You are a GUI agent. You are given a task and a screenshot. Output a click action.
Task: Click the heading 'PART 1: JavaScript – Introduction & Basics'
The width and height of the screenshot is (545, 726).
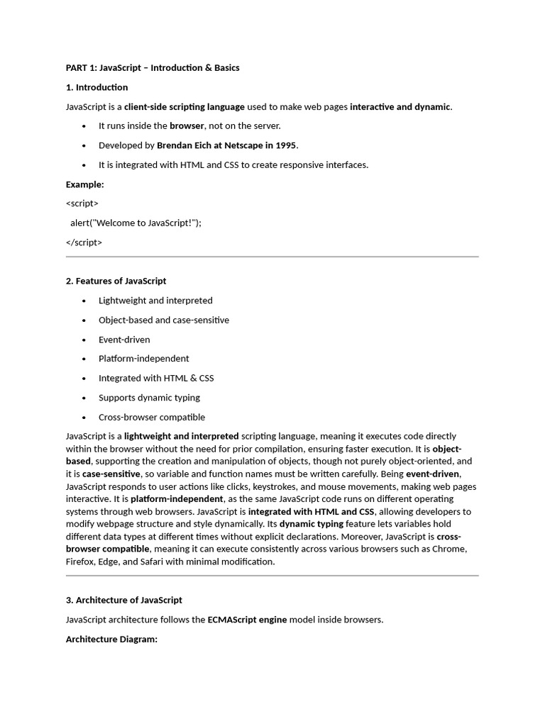pyautogui.click(x=153, y=68)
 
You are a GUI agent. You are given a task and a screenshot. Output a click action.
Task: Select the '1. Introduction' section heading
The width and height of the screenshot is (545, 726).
pyautogui.click(x=97, y=87)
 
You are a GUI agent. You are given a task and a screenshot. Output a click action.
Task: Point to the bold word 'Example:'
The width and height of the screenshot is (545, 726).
pyautogui.click(x=85, y=184)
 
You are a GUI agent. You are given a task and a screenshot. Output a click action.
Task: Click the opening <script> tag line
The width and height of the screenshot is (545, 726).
pyautogui.click(x=82, y=203)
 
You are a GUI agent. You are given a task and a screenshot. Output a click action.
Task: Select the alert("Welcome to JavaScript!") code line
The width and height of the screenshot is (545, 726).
pyautogui.click(x=136, y=223)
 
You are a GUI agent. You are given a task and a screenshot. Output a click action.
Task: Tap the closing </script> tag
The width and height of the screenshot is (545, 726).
pyautogui.click(x=84, y=242)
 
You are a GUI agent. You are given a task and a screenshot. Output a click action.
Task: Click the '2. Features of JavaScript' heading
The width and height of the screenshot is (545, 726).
pyautogui.click(x=116, y=281)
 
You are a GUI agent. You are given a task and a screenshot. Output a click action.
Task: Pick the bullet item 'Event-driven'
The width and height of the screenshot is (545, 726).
pyautogui.click(x=124, y=340)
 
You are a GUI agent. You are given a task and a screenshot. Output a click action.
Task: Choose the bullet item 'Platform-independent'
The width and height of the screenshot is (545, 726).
pyautogui.click(x=144, y=359)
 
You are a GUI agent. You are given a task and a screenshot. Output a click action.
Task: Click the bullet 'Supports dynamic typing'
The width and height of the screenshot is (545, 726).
pyautogui.click(x=149, y=398)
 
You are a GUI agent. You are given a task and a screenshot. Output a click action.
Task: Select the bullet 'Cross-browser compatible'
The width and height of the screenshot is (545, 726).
pyautogui.click(x=152, y=417)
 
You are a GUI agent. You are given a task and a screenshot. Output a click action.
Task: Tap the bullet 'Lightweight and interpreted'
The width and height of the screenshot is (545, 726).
pyautogui.click(x=155, y=301)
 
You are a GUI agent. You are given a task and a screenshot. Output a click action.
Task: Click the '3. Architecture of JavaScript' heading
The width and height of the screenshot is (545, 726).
pyautogui.click(x=124, y=600)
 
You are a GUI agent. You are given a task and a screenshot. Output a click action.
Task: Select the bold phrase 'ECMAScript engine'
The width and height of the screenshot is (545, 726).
pyautogui.click(x=247, y=620)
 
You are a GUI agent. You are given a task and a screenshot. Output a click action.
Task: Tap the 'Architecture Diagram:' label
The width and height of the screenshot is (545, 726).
pyautogui.click(x=111, y=639)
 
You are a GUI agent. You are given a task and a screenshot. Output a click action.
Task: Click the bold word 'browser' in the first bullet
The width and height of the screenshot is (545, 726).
pyautogui.click(x=187, y=126)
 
